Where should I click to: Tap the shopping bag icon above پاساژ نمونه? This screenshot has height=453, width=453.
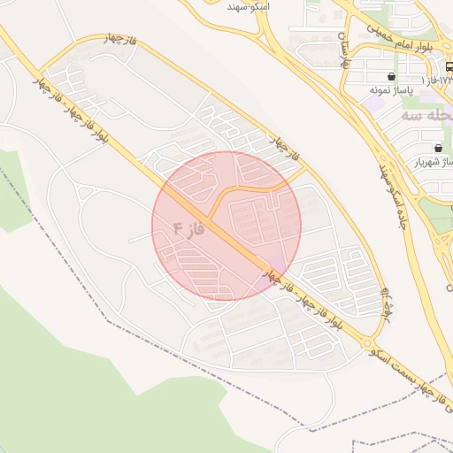click(391, 76)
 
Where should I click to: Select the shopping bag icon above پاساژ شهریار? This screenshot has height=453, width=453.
click(439, 148)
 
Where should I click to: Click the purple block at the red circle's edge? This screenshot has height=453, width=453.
click(277, 265)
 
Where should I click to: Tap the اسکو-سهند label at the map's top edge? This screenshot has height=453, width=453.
click(249, 6)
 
